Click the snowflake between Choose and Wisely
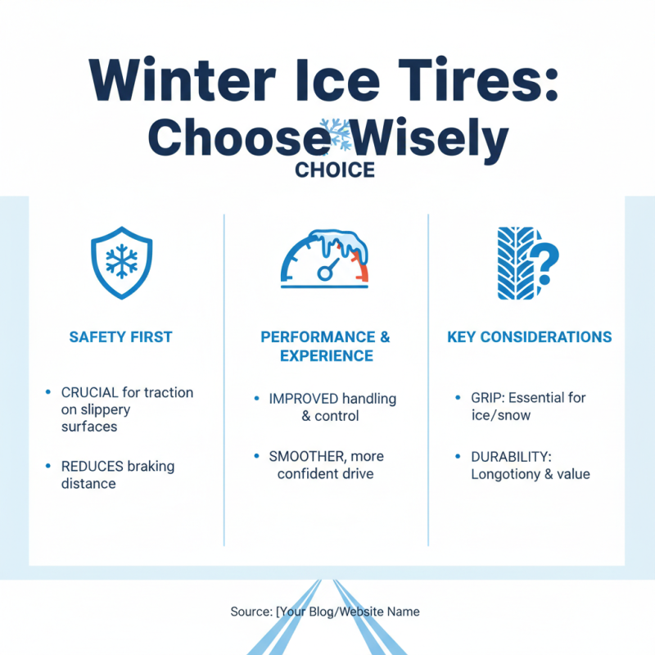tap(335, 133)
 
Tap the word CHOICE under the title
tap(335, 170)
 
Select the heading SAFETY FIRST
tap(120, 337)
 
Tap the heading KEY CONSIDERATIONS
tap(529, 337)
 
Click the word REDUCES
tap(92, 467)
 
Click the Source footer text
tap(326, 611)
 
